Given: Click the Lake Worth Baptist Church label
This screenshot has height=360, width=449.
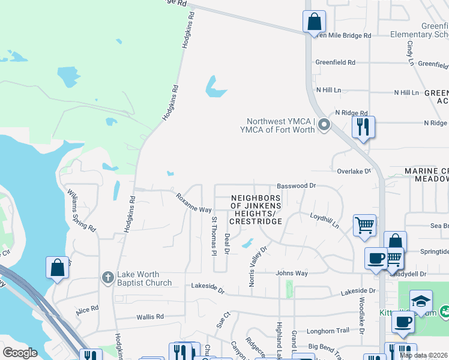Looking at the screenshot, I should (x=145, y=279).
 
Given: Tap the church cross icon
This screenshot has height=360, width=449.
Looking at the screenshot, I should (x=107, y=277).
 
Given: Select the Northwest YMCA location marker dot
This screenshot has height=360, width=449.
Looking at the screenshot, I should (x=324, y=125).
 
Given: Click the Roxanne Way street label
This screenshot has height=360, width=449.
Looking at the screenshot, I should (x=193, y=202).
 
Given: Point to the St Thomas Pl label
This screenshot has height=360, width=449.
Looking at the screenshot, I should (x=212, y=236).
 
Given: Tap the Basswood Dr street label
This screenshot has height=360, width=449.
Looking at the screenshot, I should (x=295, y=186).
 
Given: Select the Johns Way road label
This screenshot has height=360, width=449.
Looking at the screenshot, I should (x=292, y=274).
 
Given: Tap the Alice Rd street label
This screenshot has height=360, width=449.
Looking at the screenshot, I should (x=87, y=310).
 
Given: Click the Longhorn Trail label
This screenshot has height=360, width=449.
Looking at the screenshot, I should (x=328, y=331).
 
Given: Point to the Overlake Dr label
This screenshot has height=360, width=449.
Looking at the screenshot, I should (x=354, y=171).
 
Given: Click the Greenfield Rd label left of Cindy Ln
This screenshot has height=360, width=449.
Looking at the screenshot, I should (x=336, y=62).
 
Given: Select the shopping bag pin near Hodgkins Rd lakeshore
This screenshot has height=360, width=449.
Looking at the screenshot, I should (x=57, y=268).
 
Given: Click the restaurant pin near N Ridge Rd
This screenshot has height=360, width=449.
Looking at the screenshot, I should (x=363, y=127).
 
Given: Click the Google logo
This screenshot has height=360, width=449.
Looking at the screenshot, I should (x=20, y=353).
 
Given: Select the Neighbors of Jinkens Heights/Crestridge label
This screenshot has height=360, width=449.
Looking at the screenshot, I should (x=256, y=209).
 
